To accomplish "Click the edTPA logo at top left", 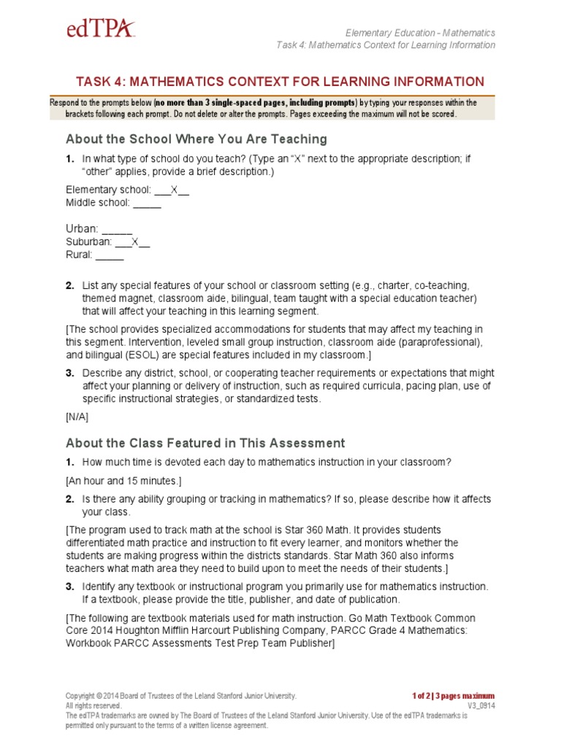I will tap(100, 30).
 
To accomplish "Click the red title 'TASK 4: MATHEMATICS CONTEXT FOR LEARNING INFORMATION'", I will tap(280, 82).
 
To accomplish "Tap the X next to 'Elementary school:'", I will tap(175, 190).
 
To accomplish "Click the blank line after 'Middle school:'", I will tap(147, 203).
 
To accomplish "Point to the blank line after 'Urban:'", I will tap(118, 228).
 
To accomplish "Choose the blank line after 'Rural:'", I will tap(110, 255).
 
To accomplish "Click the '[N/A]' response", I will tap(77, 418).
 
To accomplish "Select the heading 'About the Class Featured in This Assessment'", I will tap(205, 443).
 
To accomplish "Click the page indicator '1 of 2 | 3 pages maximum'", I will tap(453, 696).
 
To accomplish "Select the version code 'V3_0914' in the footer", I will tap(481, 706).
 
